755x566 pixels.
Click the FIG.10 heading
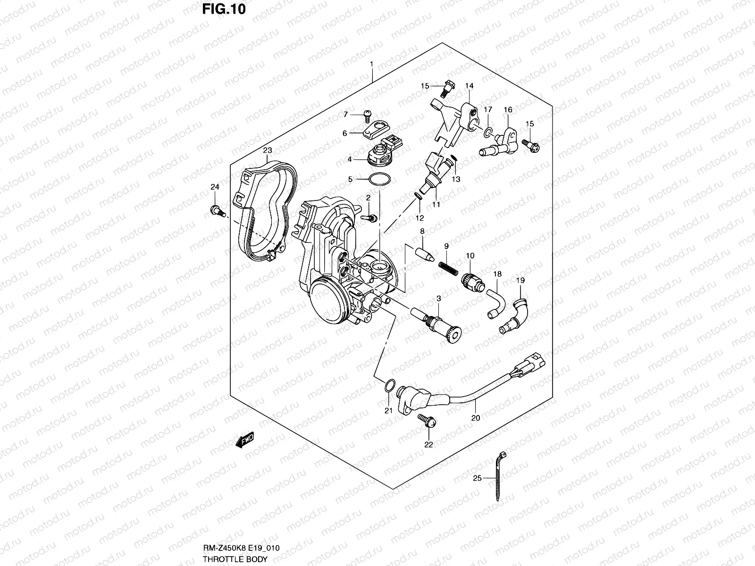tap(225, 9)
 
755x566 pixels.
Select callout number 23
tap(268, 150)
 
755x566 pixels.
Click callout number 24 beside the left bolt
tap(215, 187)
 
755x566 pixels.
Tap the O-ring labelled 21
tap(388, 386)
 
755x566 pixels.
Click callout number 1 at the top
tap(371, 64)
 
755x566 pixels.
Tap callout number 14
tap(469, 86)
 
